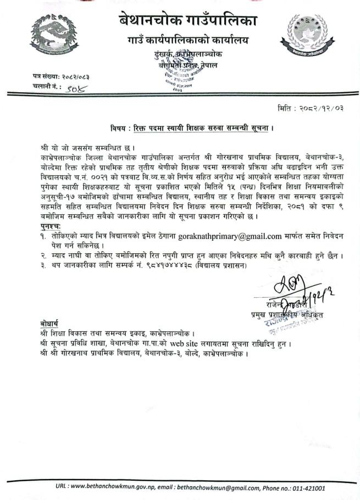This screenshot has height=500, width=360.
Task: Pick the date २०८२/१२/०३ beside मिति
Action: coord(322,108)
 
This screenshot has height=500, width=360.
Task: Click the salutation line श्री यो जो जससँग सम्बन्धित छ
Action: coord(88,147)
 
